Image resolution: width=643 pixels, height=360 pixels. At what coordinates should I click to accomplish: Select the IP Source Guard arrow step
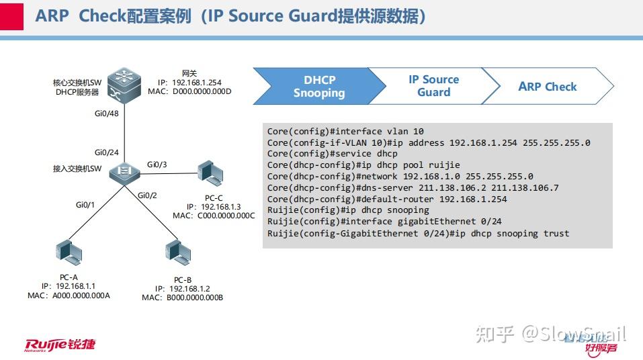click(433, 86)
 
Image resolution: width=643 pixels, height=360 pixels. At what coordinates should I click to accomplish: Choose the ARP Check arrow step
click(547, 87)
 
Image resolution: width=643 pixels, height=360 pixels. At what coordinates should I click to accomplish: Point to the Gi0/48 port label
click(107, 114)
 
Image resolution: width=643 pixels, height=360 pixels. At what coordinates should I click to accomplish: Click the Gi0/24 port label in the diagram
click(107, 152)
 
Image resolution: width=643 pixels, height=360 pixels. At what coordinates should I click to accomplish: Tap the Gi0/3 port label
click(157, 165)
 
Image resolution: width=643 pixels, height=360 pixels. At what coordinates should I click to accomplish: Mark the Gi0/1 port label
click(85, 204)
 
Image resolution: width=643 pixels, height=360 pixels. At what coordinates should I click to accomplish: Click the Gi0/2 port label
click(146, 195)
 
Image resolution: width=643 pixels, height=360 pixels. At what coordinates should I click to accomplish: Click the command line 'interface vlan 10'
click(345, 132)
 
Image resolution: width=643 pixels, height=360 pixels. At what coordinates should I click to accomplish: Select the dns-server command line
click(413, 188)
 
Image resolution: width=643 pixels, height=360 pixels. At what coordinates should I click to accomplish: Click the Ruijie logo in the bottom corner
click(60, 345)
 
